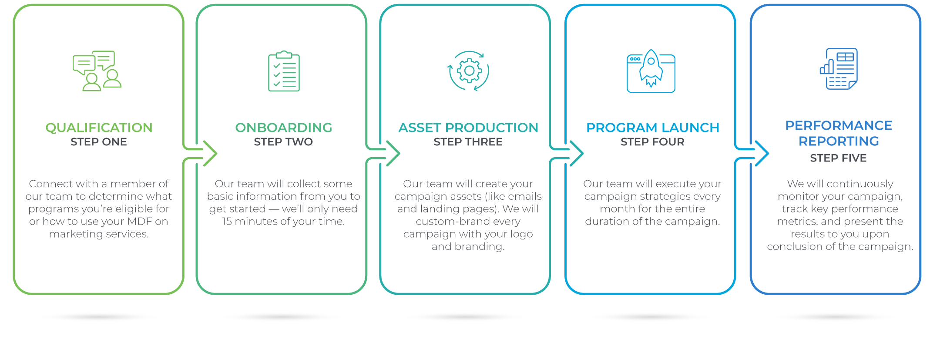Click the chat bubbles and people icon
pyautogui.click(x=97, y=71)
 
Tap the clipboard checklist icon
pyautogui.click(x=284, y=71)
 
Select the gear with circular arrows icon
pyautogui.click(x=468, y=71)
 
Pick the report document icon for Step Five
pyautogui.click(x=839, y=69)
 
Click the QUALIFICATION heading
pyautogui.click(x=99, y=128)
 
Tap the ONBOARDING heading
pyautogui.click(x=283, y=128)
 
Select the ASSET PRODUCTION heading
pyautogui.click(x=468, y=128)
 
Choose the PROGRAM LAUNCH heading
pyautogui.click(x=652, y=128)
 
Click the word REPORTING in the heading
pyautogui.click(x=839, y=141)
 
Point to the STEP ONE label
pyautogui.click(x=99, y=142)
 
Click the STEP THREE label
pyautogui.click(x=468, y=142)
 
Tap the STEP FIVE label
pyautogui.click(x=838, y=158)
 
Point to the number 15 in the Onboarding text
pyautogui.click(x=227, y=222)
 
